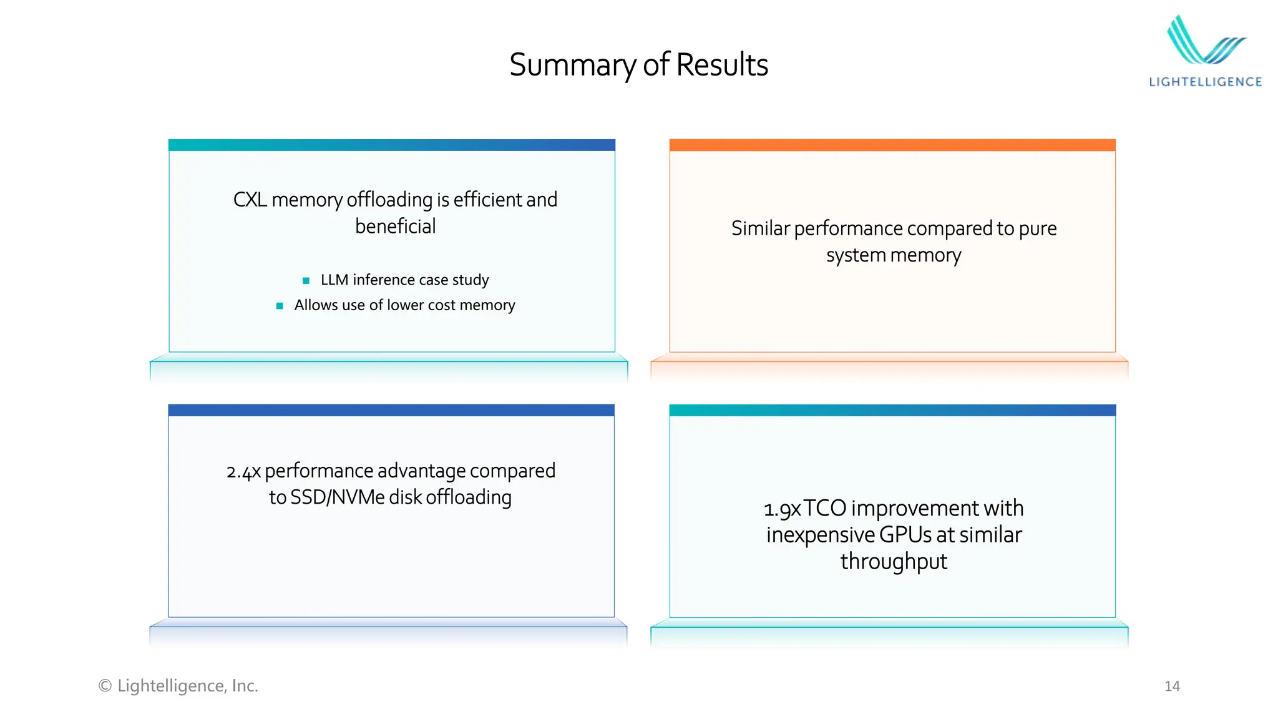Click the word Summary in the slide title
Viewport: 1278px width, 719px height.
click(572, 66)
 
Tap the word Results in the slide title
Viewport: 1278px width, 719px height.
click(722, 64)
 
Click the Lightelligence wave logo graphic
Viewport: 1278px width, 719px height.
click(1204, 41)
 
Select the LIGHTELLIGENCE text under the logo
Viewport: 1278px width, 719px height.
click(1205, 82)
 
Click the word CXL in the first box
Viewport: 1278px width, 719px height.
click(250, 200)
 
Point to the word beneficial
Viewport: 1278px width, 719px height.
click(395, 227)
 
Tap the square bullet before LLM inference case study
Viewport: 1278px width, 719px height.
click(306, 281)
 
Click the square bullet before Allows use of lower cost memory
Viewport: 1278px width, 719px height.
click(280, 306)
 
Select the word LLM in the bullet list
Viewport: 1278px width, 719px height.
click(334, 280)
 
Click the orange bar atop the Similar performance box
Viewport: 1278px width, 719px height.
click(892, 145)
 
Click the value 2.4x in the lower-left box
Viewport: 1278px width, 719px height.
click(243, 472)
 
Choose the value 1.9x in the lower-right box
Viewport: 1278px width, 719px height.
click(782, 509)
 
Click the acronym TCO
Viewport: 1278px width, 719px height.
click(824, 509)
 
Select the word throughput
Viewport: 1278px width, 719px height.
click(894, 562)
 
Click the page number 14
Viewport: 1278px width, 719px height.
click(1172, 687)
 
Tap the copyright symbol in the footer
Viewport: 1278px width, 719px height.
click(105, 686)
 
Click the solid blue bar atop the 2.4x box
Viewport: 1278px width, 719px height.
click(391, 410)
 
